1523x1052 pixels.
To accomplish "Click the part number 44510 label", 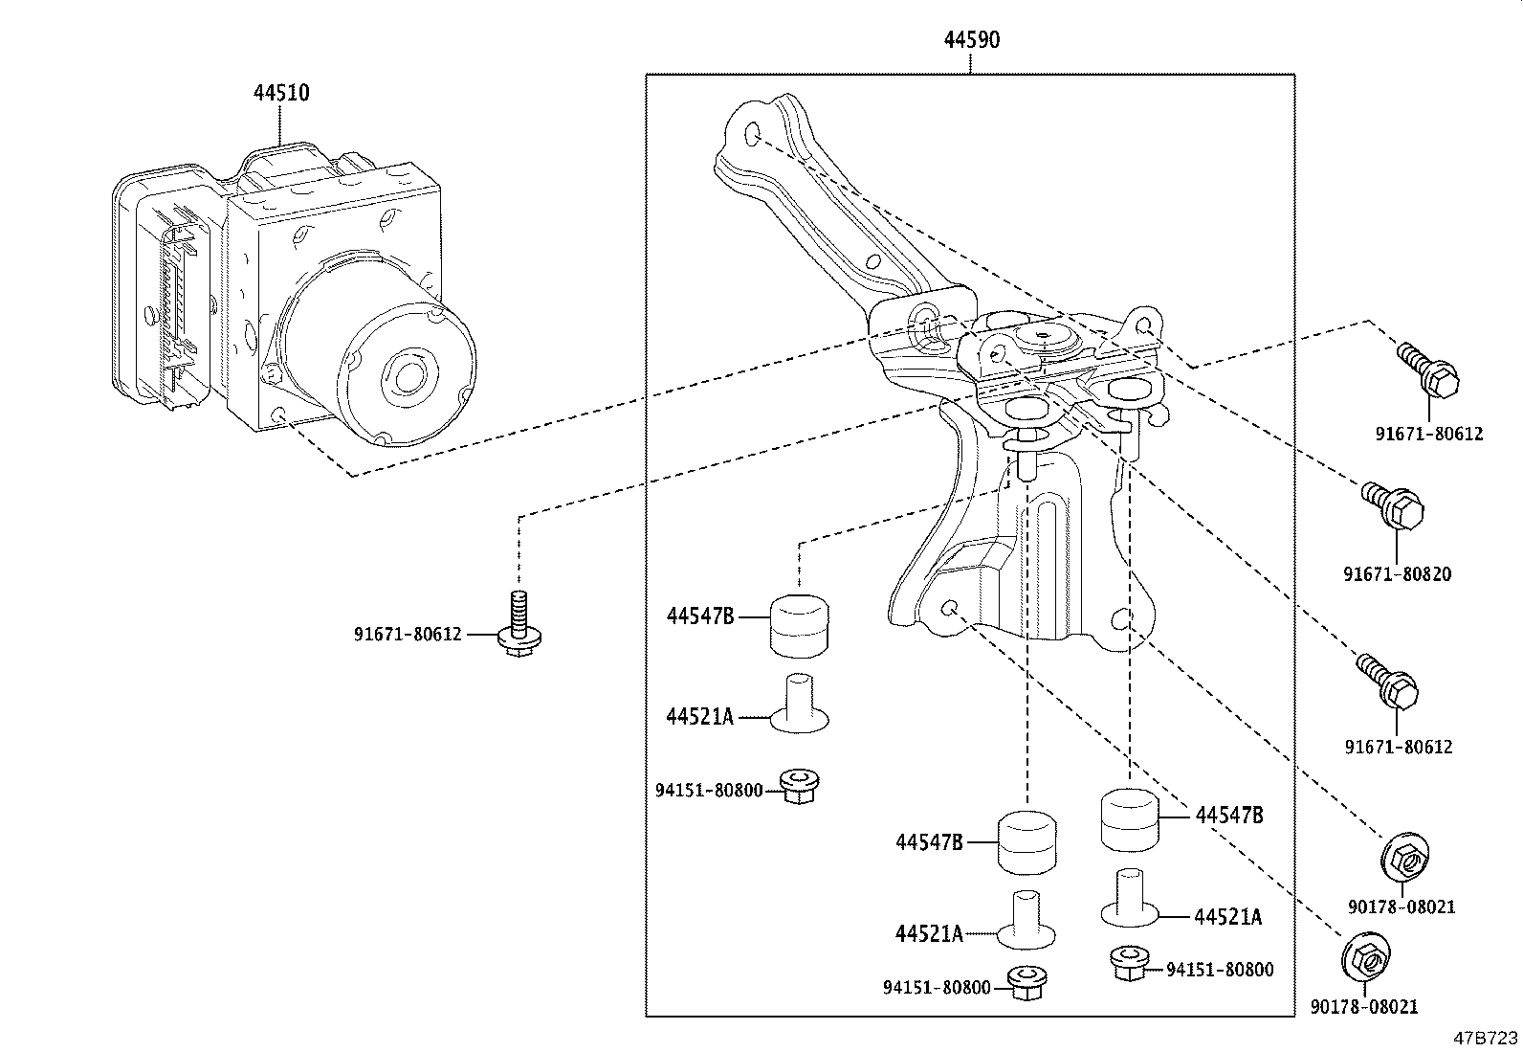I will (280, 93).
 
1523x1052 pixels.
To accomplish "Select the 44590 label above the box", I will (971, 39).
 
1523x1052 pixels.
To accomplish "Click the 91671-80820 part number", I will (1397, 574).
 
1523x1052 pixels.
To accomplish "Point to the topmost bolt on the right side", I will (1429, 372).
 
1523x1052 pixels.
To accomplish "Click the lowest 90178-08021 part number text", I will (1363, 1006).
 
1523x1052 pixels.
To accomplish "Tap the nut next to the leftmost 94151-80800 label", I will (797, 785).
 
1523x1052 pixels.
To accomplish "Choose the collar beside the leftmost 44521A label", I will (799, 706).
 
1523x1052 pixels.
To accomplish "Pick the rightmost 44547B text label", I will (1228, 815).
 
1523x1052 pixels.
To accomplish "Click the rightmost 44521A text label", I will (1227, 917).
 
